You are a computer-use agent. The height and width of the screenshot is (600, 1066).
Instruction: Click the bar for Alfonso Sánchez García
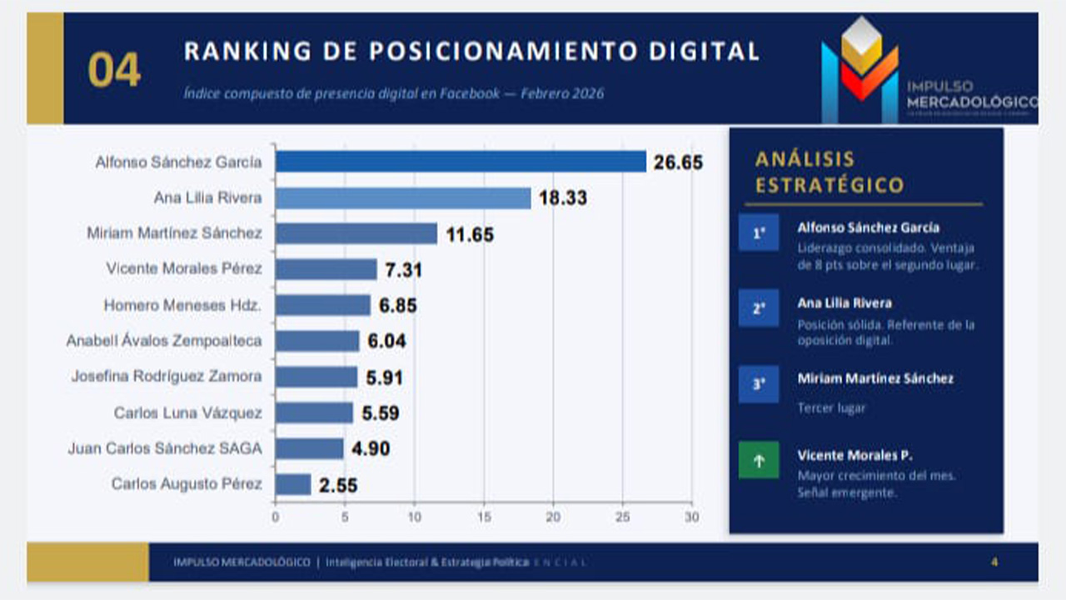[461, 162]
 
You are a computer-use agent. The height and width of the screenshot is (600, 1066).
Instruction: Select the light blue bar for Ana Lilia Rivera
[403, 197]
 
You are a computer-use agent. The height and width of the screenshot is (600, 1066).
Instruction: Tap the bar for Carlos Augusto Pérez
[293, 484]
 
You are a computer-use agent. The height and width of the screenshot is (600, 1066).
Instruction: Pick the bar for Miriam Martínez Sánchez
[356, 233]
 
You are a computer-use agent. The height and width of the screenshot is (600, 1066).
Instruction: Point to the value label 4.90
[371, 448]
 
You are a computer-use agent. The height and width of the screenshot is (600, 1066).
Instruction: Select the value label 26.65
[678, 162]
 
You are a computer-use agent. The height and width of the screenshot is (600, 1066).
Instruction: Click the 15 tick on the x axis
[483, 517]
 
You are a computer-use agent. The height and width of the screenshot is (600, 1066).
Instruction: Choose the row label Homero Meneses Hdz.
[182, 306]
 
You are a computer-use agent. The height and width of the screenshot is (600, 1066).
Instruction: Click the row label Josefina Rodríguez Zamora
[167, 377]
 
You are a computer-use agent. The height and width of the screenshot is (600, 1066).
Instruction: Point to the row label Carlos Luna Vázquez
[187, 412]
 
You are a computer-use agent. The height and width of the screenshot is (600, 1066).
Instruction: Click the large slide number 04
[115, 71]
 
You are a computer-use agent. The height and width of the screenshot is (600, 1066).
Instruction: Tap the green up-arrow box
[759, 459]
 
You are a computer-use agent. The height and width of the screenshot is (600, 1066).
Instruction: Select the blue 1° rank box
[759, 233]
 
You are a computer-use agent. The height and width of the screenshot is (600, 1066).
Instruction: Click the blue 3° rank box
[759, 384]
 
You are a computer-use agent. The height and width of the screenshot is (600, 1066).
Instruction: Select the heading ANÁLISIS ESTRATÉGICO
[829, 172]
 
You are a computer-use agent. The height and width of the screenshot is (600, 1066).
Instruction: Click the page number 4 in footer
[994, 562]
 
